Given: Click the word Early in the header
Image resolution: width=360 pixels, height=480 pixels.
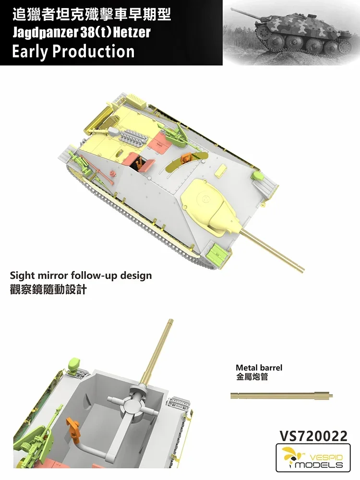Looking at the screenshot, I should coord(31,51).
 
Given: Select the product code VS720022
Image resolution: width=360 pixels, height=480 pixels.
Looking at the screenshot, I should coord(313,436).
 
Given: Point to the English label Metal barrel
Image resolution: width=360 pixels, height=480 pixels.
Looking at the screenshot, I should coord(259,368).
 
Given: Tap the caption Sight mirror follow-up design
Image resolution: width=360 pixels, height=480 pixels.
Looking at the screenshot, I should coord(81,276).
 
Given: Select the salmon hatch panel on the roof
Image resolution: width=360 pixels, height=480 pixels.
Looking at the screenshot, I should coord(157,137).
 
